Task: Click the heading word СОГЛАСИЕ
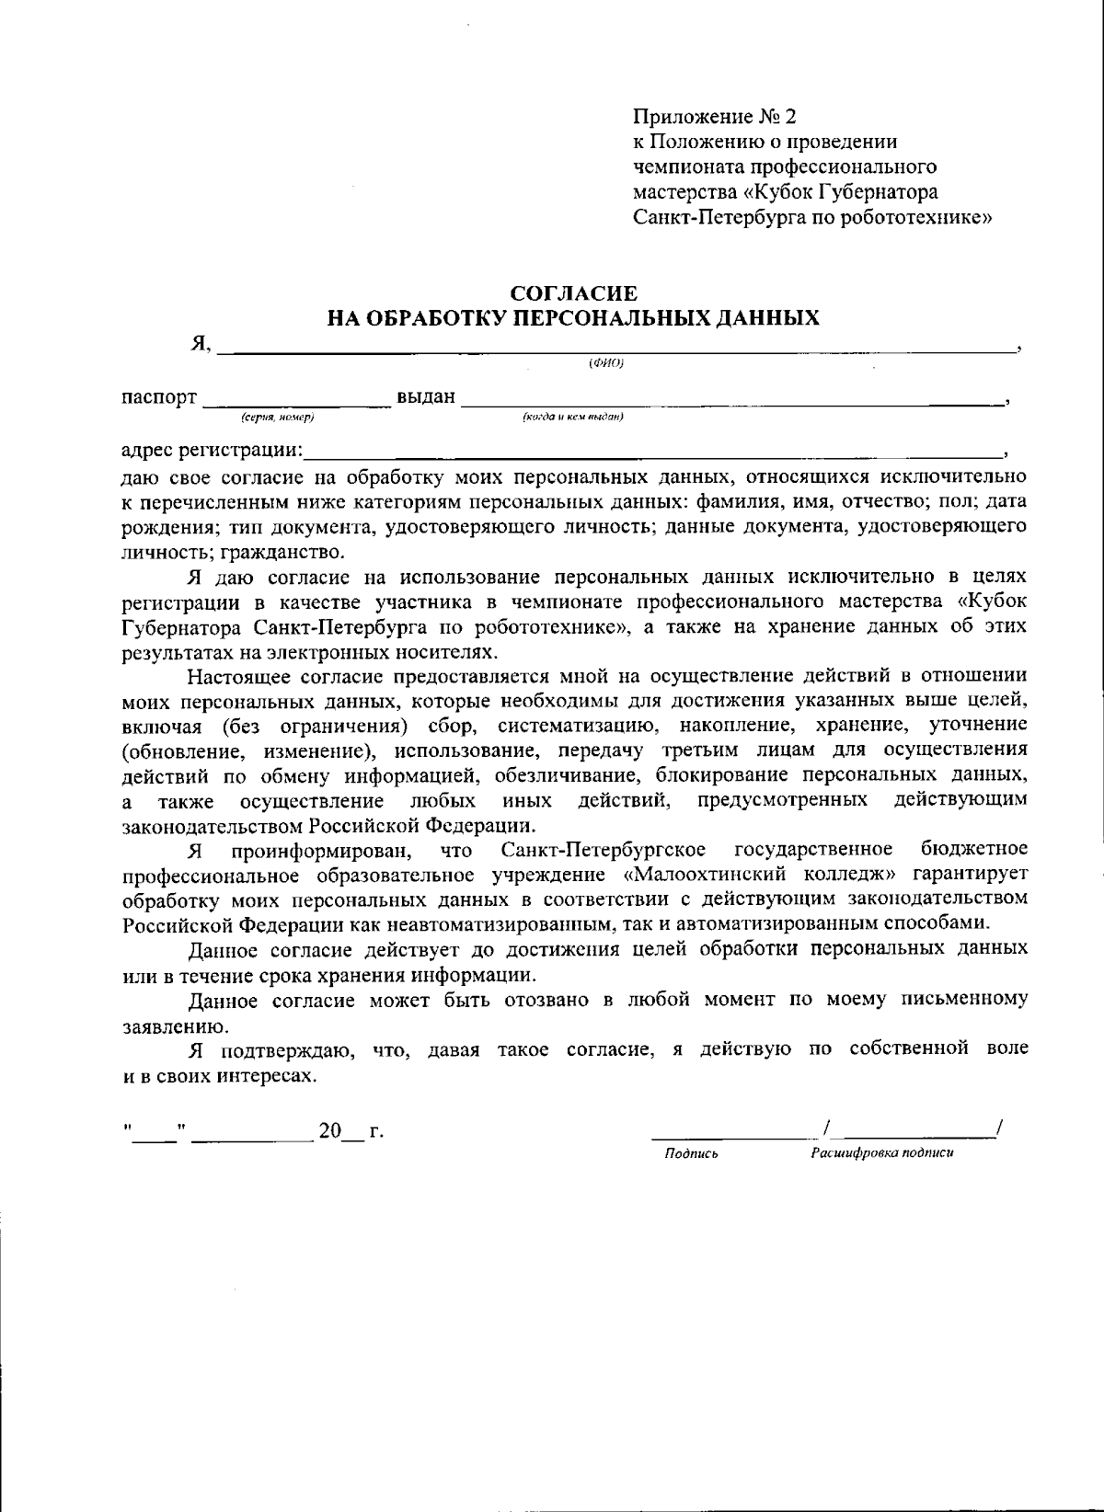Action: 573,293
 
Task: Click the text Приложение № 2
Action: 714,117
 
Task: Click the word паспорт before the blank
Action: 159,397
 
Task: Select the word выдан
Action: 426,397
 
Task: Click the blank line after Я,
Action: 616,350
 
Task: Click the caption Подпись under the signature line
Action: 691,1153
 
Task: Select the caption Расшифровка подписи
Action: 880,1153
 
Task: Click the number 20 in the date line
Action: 329,1131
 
